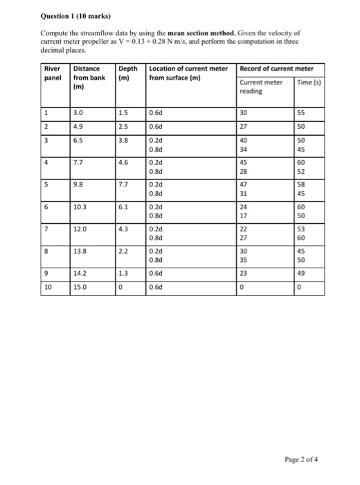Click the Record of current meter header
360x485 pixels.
click(x=276, y=68)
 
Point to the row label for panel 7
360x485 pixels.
click(x=46, y=228)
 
